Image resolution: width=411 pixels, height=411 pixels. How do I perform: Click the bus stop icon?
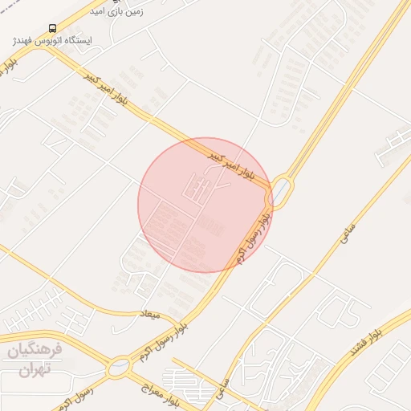pos(53,28)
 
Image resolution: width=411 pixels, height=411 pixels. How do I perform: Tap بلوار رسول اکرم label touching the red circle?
pos(250,238)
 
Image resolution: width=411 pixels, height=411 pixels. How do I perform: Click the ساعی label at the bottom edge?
pos(222,390)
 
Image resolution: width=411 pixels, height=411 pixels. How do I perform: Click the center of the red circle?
pos(205,205)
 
